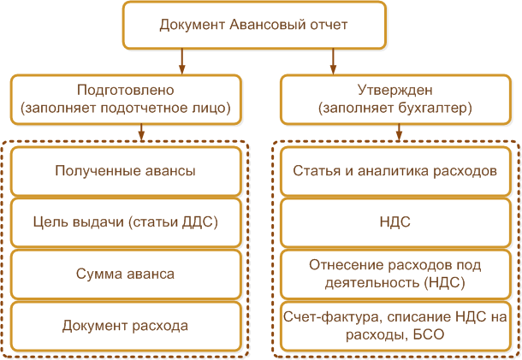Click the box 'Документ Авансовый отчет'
[x=254, y=25]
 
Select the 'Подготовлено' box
[x=126, y=99]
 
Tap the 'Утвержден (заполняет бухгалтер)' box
[x=395, y=99]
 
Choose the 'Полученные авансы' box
[x=126, y=171]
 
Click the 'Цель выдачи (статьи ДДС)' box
[x=126, y=222]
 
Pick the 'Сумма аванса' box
[x=126, y=274]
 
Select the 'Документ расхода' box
[x=126, y=326]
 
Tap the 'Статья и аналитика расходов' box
[x=395, y=171]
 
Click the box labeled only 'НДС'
[x=395, y=222]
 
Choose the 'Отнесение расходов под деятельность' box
[x=395, y=274]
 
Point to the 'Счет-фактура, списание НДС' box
[x=395, y=326]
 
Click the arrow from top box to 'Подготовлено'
[x=181, y=62]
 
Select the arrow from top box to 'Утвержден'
[x=333, y=62]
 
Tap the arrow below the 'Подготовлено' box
[x=141, y=133]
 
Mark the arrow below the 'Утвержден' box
[x=399, y=133]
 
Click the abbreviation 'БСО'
[x=429, y=334]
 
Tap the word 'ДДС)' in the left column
[x=200, y=222]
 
